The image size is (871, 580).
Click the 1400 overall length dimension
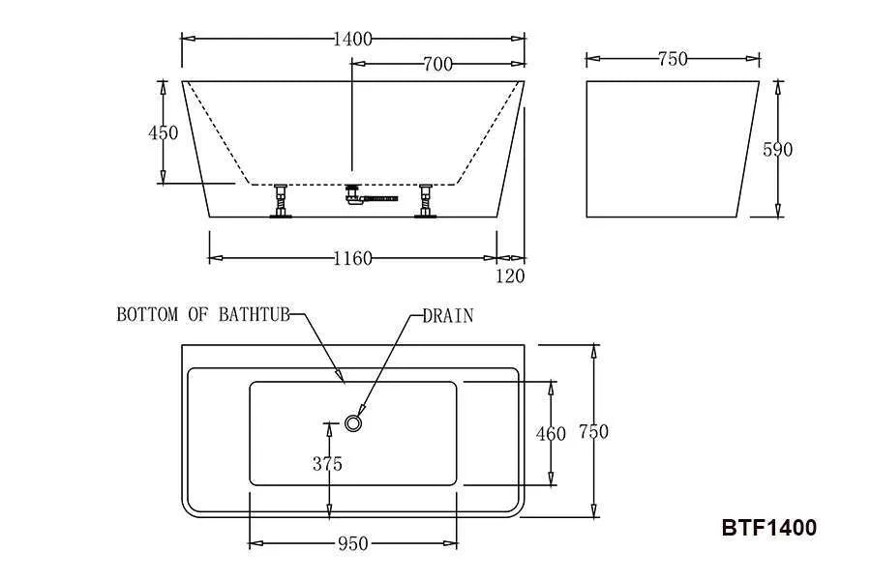coord(352,40)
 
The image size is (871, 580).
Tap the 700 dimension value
coord(437,65)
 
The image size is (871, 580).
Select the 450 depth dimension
coord(164,132)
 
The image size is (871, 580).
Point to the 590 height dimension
coord(778,149)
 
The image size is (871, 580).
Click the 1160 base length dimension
coord(352,258)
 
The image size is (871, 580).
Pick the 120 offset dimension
coord(510,275)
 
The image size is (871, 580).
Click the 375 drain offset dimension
coord(327,463)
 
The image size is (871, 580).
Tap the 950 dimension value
coord(352,543)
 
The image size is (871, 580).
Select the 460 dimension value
coord(551,433)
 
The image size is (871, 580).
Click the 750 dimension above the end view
coord(673,59)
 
